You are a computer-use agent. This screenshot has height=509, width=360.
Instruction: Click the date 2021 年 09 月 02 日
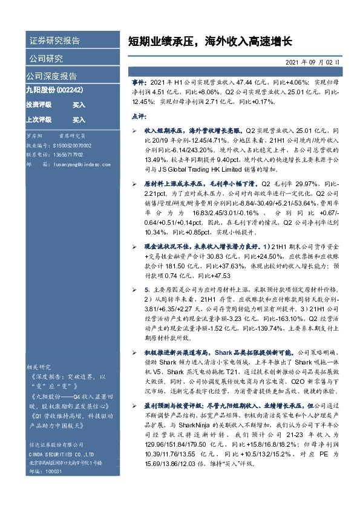pos(312,62)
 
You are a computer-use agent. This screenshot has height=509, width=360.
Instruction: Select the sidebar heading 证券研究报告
pos(54,41)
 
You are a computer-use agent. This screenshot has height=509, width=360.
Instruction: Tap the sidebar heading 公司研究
pos(46,59)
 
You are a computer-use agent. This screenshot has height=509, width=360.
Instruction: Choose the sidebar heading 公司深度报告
pos(51,76)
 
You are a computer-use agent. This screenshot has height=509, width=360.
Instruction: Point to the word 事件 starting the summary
pos(139,81)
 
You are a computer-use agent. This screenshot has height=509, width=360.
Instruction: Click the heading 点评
pos(139,115)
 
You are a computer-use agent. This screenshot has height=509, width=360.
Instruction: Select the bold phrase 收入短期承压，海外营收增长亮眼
pos(191,130)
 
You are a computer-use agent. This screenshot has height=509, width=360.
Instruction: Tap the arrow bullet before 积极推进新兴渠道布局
pos(134,351)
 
